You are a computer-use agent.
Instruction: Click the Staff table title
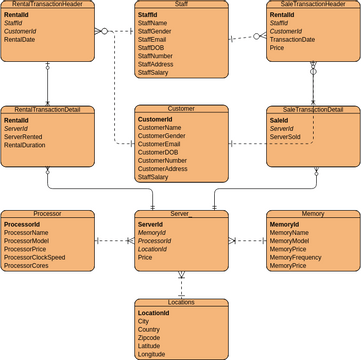180,5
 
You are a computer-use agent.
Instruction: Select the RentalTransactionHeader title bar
48,5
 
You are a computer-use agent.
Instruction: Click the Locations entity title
180,302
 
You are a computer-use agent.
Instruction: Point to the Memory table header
312,214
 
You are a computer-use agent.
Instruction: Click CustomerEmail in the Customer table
159,144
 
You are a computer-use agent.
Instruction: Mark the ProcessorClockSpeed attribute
35,257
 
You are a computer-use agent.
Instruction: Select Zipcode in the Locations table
149,337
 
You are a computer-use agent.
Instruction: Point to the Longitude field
151,353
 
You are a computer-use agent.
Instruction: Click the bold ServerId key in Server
150,225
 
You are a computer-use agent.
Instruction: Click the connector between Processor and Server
114,241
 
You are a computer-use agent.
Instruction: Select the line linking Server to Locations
181,283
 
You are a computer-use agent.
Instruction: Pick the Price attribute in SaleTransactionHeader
277,48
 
